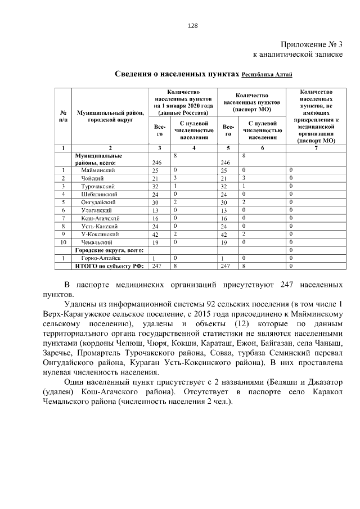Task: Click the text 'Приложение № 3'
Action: coord(311,44)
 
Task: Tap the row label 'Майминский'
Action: coord(98,170)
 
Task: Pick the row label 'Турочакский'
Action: coord(98,186)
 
